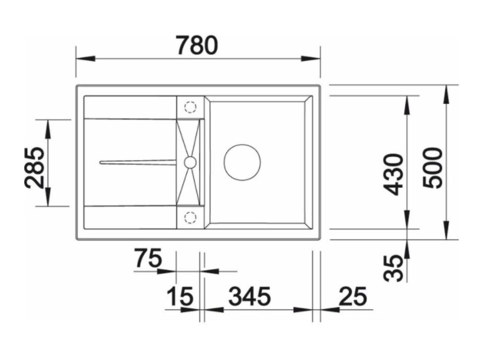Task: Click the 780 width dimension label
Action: pyautogui.click(x=197, y=45)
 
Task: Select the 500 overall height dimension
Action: pyautogui.click(x=432, y=168)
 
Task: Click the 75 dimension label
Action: pyautogui.click(x=148, y=259)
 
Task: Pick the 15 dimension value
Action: pyautogui.click(x=180, y=297)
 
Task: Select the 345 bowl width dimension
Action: pyautogui.click(x=250, y=297)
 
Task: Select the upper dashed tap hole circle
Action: pyautogui.click(x=190, y=107)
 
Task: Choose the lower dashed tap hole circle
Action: pyautogui.click(x=190, y=217)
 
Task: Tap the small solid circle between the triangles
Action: pyautogui.click(x=190, y=162)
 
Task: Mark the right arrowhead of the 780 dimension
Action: pyautogui.click(x=310, y=59)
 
